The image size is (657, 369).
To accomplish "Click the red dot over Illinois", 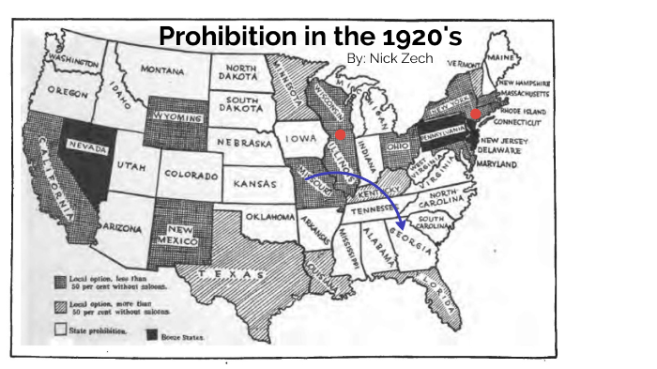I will pos(341,134).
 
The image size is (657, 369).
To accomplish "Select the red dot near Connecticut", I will pos(476,114).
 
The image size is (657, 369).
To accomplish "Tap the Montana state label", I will pos(161,69).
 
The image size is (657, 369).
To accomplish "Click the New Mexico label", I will pos(186,237).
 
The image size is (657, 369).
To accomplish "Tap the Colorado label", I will pos(191,175).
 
